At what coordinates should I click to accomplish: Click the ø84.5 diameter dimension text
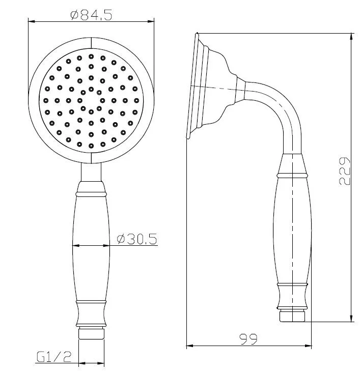coord(91,15)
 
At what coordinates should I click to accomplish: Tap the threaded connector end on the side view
coord(292,316)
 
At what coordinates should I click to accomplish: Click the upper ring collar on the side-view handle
coord(293,175)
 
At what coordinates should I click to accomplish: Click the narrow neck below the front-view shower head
coord(91,173)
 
